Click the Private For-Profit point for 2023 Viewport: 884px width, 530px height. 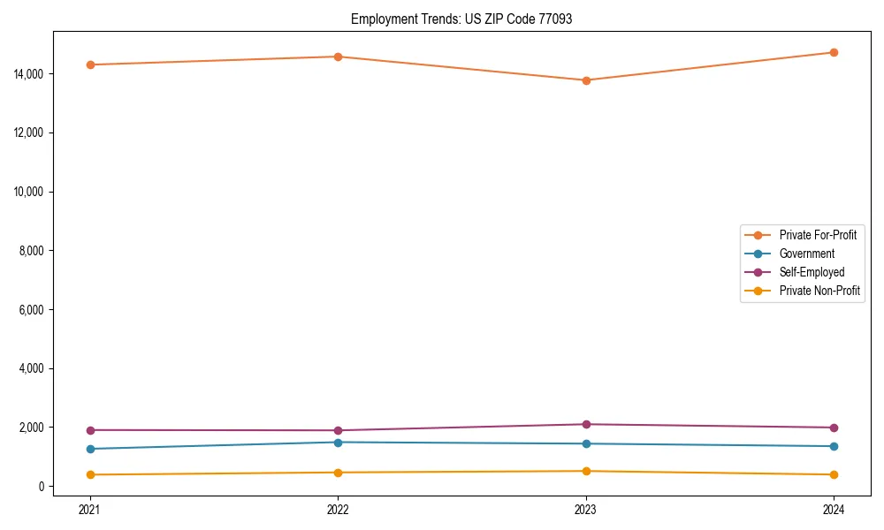tap(586, 80)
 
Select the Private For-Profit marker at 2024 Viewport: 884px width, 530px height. tap(834, 52)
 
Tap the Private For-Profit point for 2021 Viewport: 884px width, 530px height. tap(90, 64)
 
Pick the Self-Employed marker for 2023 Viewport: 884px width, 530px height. tap(586, 424)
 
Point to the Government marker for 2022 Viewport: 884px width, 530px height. tap(338, 442)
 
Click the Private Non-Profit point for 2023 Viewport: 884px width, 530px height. tap(586, 471)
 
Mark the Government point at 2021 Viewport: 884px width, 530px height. tap(90, 449)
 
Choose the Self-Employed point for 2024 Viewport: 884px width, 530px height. tap(834, 428)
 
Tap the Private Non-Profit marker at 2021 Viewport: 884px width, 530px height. tap(90, 474)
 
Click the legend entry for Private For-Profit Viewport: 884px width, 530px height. tap(817, 235)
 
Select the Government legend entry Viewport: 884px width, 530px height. tap(806, 254)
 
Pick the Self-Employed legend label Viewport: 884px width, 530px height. tap(812, 272)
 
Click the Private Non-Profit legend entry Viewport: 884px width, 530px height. tap(819, 291)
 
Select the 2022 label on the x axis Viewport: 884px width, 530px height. tap(338, 509)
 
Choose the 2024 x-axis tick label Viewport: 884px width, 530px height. tap(834, 509)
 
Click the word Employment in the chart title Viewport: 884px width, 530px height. tap(380, 19)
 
